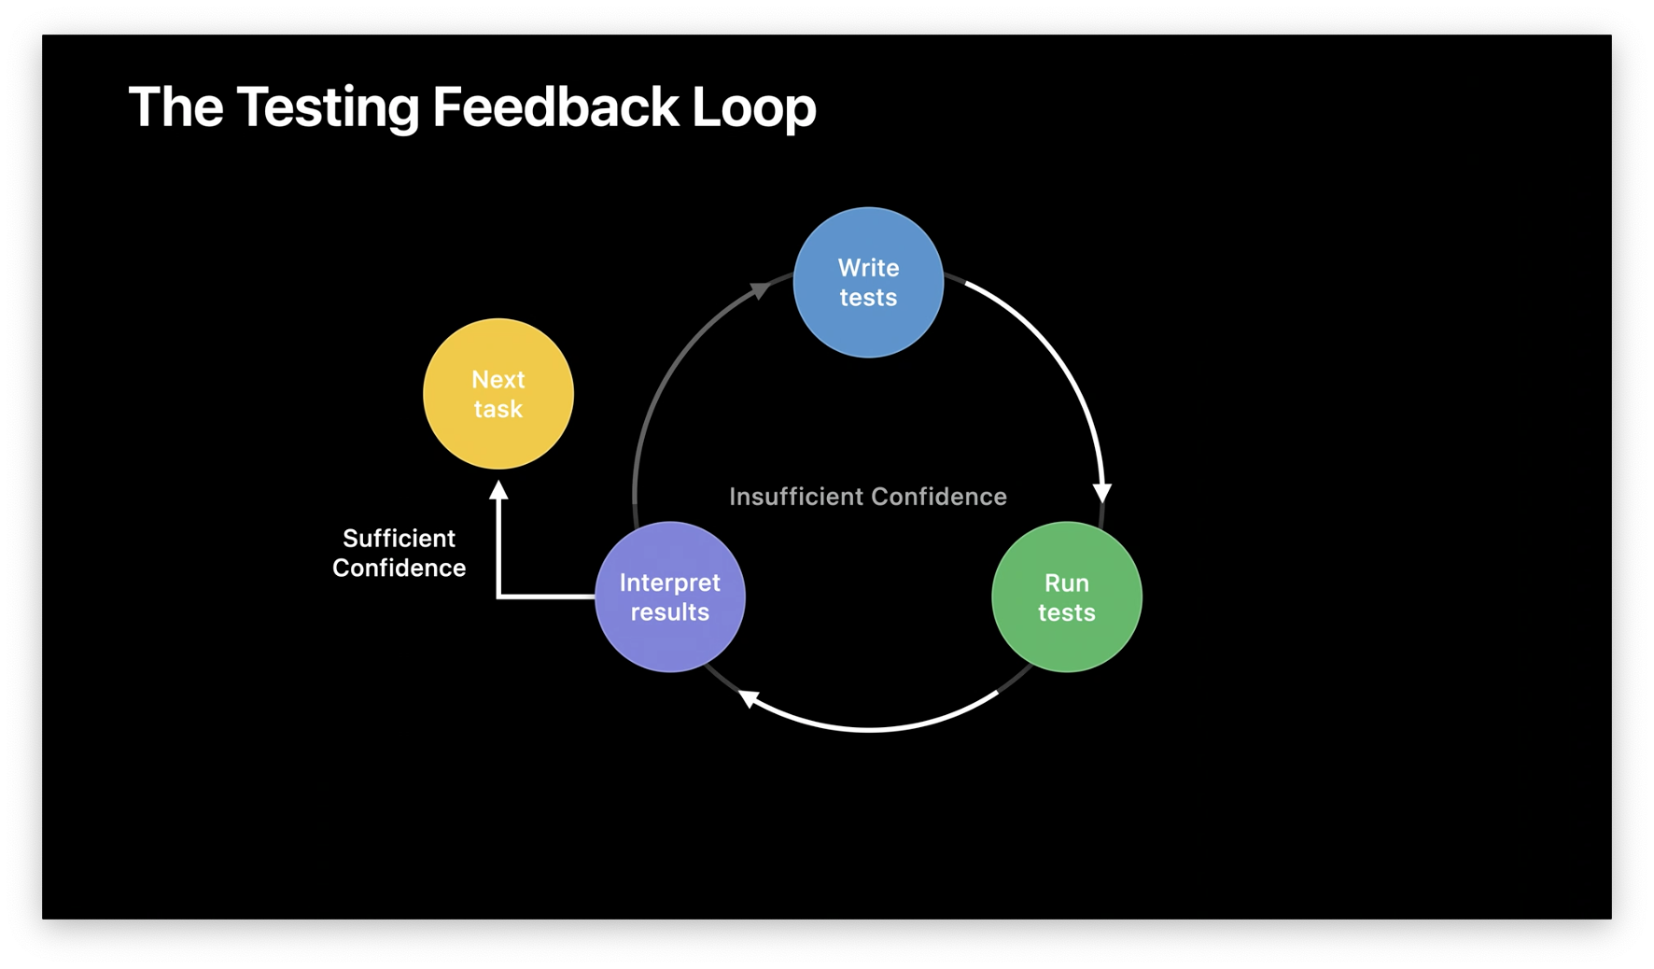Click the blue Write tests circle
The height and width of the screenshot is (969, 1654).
(868, 282)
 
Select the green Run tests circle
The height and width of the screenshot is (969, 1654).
(1066, 597)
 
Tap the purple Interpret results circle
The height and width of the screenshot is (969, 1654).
(670, 597)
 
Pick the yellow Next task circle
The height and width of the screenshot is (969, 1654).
(498, 394)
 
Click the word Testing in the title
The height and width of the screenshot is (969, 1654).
(328, 107)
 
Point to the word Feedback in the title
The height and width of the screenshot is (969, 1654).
(555, 107)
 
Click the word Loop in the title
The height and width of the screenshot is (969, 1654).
(753, 107)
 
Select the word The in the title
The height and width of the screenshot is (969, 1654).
(175, 107)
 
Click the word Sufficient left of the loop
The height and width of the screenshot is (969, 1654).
(399, 539)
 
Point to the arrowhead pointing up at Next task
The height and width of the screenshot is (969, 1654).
(499, 490)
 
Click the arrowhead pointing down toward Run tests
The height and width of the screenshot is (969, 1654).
(1102, 493)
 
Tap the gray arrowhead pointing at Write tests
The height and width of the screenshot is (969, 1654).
(761, 289)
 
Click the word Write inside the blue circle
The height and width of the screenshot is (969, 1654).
(868, 268)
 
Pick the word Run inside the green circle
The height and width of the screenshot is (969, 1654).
(1066, 583)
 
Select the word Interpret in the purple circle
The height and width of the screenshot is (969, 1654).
(670, 583)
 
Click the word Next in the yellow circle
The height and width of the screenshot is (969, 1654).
(498, 380)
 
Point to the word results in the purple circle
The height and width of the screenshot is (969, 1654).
(670, 612)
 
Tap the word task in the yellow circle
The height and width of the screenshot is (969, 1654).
(498, 409)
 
